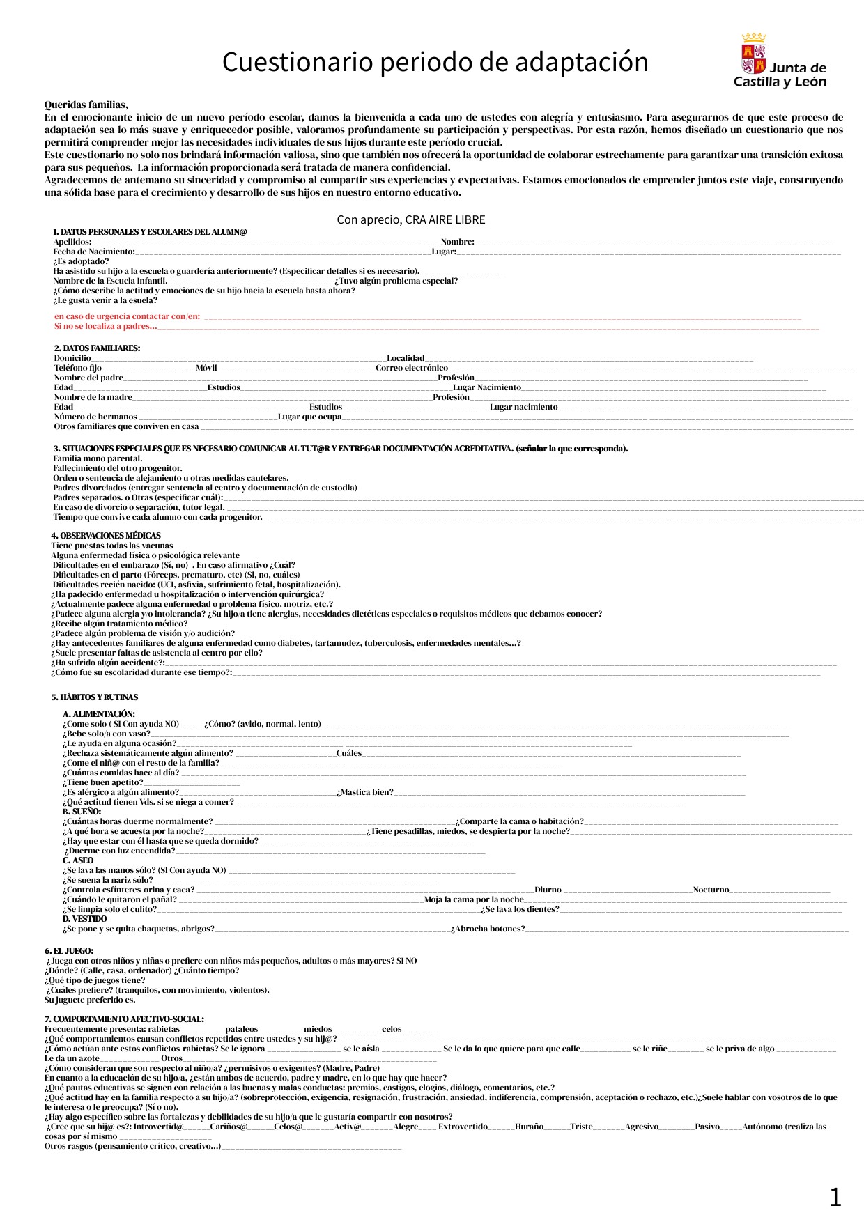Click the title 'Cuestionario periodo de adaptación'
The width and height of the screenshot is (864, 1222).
tap(435, 63)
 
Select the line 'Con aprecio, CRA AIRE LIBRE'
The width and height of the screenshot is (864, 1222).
tap(410, 219)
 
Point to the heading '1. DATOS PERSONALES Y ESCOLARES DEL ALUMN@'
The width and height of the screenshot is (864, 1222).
tap(150, 232)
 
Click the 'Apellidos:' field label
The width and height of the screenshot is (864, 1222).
tap(72, 242)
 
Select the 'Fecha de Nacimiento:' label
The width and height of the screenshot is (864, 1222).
tap(94, 252)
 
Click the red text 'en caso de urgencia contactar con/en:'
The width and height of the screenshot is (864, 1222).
tap(128, 316)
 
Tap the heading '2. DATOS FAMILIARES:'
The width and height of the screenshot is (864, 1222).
tap(97, 348)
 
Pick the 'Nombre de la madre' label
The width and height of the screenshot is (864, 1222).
tap(93, 397)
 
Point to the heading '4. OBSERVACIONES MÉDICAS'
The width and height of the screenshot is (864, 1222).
tap(106, 536)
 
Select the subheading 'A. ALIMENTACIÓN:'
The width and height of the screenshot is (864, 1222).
tap(99, 714)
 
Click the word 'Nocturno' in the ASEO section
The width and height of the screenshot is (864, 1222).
tap(711, 890)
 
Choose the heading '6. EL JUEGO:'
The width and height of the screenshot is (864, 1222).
tap(69, 951)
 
